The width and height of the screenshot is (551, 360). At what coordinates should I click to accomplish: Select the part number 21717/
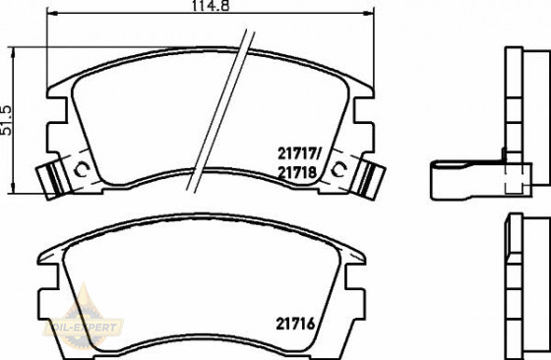click(301, 153)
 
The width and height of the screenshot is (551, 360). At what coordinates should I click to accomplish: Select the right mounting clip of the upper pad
click(369, 179)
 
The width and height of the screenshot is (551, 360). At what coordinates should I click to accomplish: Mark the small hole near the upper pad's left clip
click(81, 172)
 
